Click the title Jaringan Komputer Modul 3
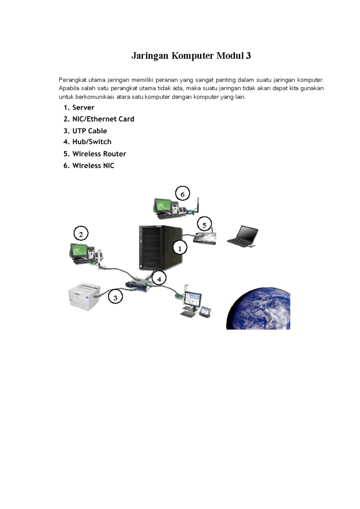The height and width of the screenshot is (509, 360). click(191, 55)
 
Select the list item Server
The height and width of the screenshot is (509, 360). click(79, 108)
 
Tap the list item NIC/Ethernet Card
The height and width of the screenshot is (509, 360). click(99, 119)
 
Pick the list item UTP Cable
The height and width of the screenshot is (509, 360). click(85, 131)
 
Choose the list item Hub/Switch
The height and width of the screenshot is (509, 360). click(87, 141)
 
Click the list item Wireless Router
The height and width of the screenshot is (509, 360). click(94, 154)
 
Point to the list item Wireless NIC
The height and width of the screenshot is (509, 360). click(89, 165)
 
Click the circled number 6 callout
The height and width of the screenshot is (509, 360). click(182, 194)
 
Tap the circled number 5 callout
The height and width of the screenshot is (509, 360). click(204, 225)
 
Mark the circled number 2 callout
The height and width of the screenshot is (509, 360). click(81, 234)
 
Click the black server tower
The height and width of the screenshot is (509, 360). click(160, 248)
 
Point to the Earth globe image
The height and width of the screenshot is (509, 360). click(258, 308)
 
